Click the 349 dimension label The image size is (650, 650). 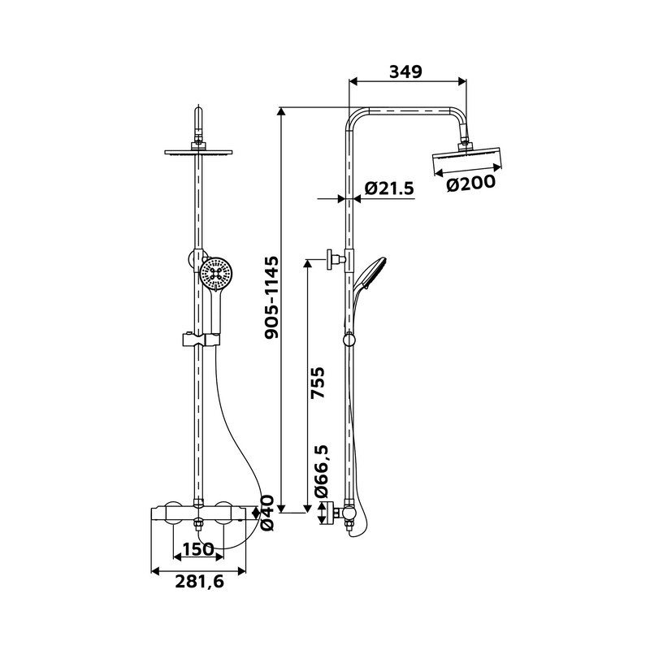click(x=405, y=71)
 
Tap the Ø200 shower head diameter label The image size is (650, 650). click(x=470, y=184)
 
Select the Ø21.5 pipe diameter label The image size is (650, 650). click(x=389, y=188)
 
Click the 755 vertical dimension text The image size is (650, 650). click(x=318, y=383)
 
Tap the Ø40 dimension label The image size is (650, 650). click(x=267, y=513)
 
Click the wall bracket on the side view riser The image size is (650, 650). click(x=334, y=258)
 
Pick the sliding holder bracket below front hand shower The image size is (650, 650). click(x=198, y=338)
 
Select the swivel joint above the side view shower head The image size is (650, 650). click(x=466, y=140)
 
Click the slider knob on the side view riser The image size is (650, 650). click(x=349, y=338)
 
